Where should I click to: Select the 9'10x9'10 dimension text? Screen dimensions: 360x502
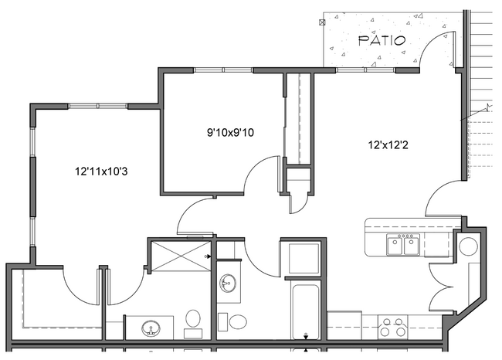[x=230, y=133]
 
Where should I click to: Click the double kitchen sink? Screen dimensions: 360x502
[x=400, y=245]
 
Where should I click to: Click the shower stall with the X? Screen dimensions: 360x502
[x=179, y=255]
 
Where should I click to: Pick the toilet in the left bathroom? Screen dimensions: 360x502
[x=193, y=318]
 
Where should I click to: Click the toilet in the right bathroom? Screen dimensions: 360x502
[x=238, y=321]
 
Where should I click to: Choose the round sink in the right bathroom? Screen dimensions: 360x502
[x=226, y=284]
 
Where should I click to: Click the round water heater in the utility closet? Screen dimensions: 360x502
[x=469, y=247]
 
